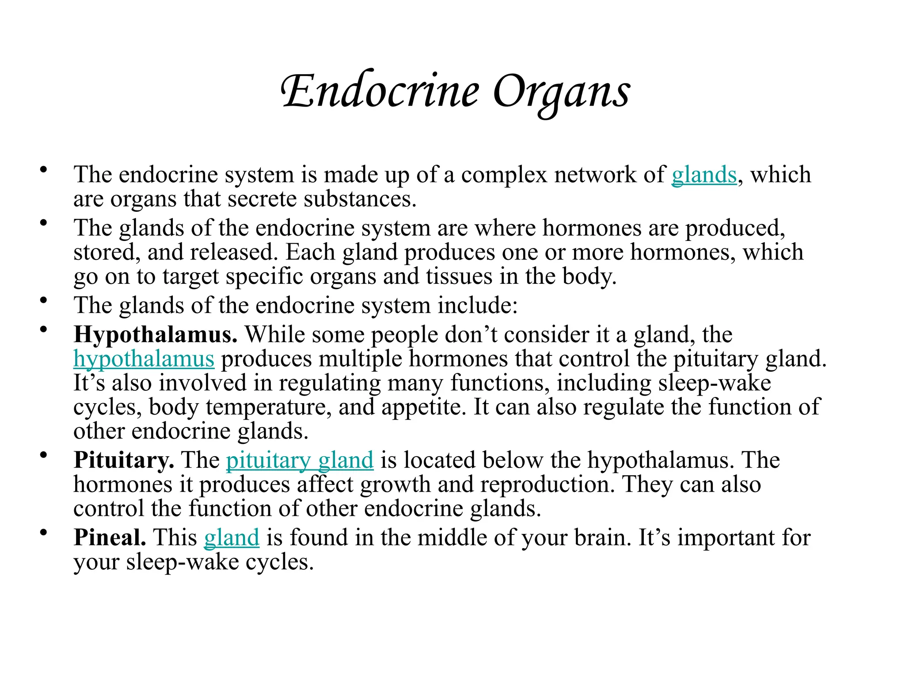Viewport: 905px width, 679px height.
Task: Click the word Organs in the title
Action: pos(561,93)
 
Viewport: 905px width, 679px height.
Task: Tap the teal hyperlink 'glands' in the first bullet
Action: pos(704,175)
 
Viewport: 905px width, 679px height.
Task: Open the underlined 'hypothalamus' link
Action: pos(144,359)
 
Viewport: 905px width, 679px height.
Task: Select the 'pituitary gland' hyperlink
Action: pos(300,461)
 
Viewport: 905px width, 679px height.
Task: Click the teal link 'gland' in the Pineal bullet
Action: pos(231,538)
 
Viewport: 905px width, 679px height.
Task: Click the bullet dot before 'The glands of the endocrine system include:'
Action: pos(43,301)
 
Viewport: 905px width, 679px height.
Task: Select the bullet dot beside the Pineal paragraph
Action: pos(43,533)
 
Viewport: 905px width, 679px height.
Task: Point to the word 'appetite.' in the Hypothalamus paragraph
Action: pos(424,407)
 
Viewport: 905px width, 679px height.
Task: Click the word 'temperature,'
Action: pos(269,407)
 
